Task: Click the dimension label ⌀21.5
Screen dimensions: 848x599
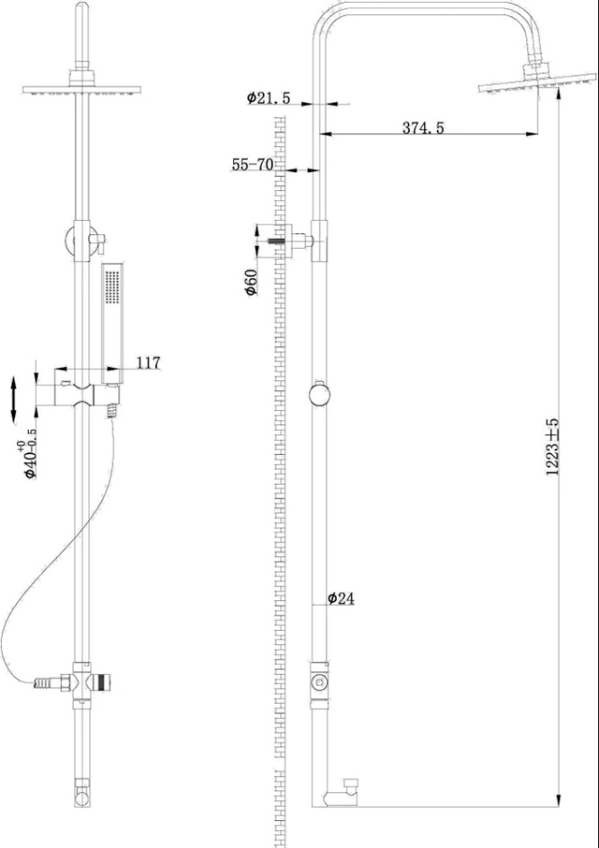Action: (268, 98)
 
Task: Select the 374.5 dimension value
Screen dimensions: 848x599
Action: (422, 128)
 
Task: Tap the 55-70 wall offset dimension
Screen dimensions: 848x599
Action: (252, 165)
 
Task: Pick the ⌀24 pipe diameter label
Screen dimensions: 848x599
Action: (340, 598)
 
